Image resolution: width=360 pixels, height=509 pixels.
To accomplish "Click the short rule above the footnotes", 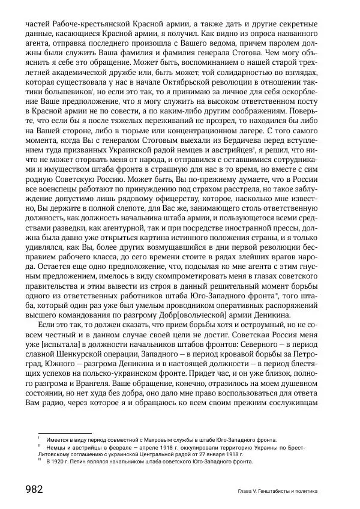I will [64, 433].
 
